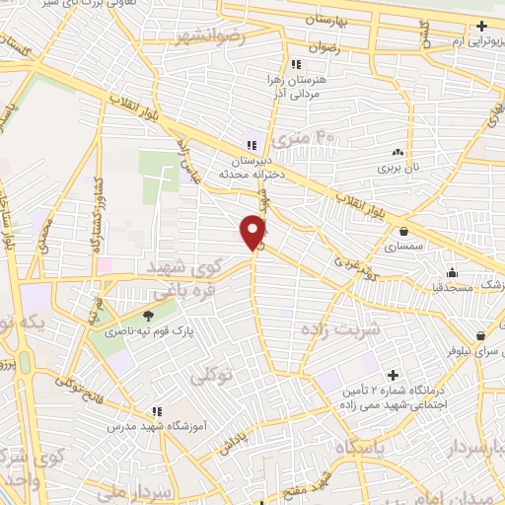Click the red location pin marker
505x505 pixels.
click(252, 232)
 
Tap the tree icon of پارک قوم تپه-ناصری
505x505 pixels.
click(148, 316)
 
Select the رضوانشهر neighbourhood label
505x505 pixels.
click(210, 38)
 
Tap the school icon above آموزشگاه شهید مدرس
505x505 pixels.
click(156, 409)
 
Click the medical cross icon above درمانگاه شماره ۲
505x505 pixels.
click(394, 375)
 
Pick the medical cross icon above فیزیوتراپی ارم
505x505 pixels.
click(481, 27)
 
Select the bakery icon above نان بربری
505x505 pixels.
click(398, 152)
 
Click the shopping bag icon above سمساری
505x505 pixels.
click(404, 231)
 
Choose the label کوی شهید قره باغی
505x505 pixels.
click(188, 280)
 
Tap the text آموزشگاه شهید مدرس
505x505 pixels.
click(157, 425)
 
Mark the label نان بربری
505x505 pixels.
click(399, 169)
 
